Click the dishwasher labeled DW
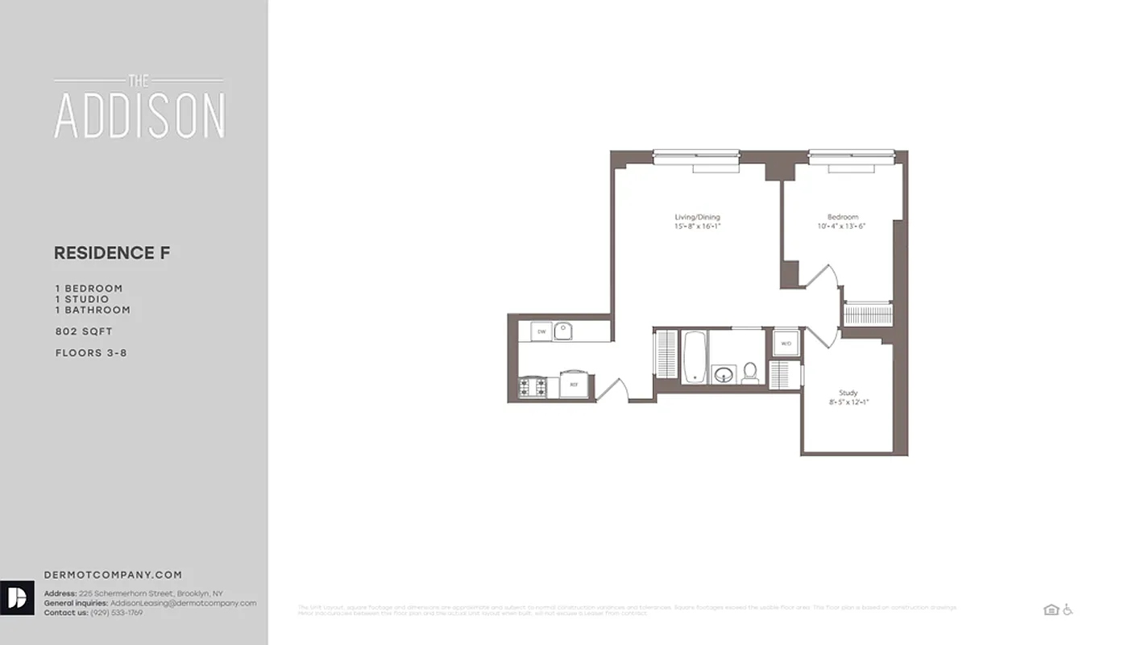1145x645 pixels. click(541, 331)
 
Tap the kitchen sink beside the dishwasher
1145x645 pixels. click(563, 331)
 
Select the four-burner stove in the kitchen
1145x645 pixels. click(532, 387)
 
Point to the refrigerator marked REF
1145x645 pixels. click(574, 385)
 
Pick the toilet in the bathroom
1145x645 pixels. click(750, 372)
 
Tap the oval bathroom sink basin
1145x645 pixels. click(724, 375)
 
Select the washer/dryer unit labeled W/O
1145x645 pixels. click(786, 343)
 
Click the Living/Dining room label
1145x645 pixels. click(697, 217)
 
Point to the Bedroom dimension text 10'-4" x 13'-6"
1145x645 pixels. click(842, 227)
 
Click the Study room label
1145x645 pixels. click(848, 393)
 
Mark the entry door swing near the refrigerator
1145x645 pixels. click(612, 389)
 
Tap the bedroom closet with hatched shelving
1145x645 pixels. click(867, 314)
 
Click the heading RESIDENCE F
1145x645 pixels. click(112, 253)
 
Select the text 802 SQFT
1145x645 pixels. click(84, 331)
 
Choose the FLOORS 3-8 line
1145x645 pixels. click(91, 353)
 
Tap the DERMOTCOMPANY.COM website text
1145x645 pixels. click(113, 575)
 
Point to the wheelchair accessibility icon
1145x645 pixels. click(1068, 610)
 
